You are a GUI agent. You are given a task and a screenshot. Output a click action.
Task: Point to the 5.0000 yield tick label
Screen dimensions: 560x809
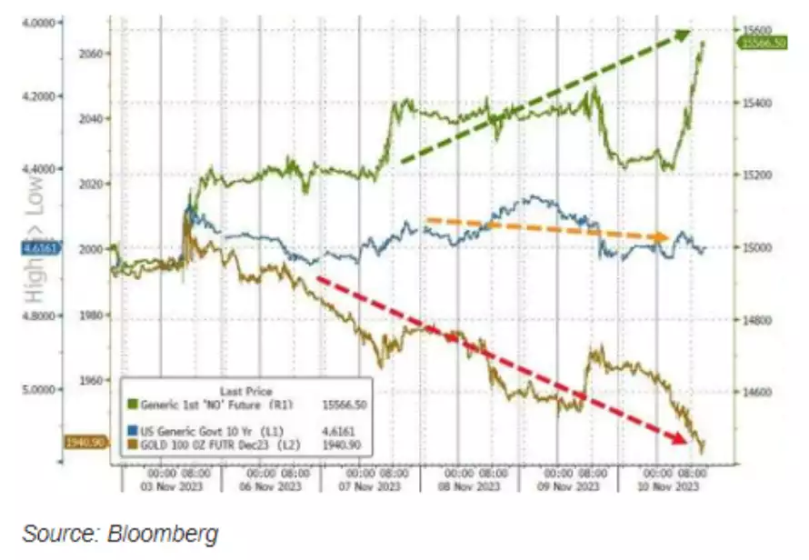click(x=38, y=389)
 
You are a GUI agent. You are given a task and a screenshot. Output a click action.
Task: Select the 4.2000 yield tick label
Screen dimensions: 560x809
click(x=38, y=95)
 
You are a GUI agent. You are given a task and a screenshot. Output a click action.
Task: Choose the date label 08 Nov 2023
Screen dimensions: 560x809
click(x=469, y=486)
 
